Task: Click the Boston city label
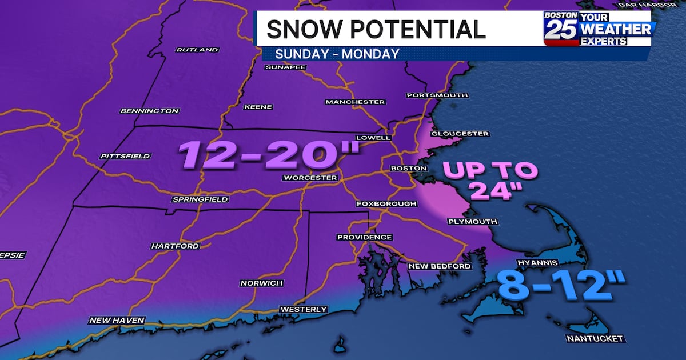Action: coord(408,169)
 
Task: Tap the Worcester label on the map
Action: coord(310,178)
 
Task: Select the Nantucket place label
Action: coord(595,339)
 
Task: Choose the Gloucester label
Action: coord(460,134)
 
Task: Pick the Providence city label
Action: coord(365,237)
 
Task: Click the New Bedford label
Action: coord(440,266)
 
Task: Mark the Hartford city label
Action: coord(175,246)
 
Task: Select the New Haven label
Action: coord(117,321)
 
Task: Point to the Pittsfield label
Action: coord(125,156)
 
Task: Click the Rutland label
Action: coord(197,50)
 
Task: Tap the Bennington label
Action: coord(150,111)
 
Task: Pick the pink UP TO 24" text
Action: coord(490,181)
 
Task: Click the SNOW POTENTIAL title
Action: coord(376,29)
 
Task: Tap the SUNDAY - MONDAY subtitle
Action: coord(337,54)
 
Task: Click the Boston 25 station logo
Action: coord(597,29)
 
